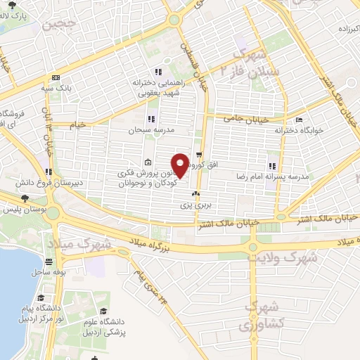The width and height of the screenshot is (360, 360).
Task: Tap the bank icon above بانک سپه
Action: click(x=56, y=78)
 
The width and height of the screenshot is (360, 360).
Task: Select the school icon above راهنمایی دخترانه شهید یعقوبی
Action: click(x=159, y=71)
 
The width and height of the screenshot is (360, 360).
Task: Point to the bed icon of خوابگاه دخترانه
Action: click(x=300, y=120)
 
